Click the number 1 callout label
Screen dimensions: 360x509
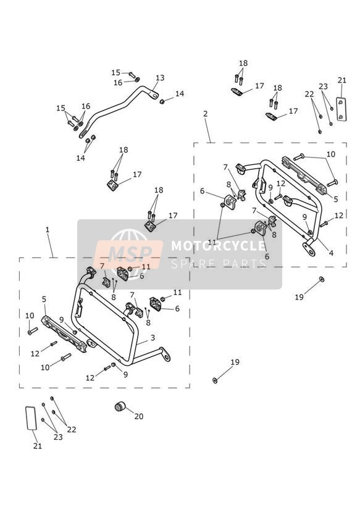click(x=48, y=230)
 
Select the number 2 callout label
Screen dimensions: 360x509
click(x=205, y=114)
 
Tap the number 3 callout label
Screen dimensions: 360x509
click(x=153, y=338)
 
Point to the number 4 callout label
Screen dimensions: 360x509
click(x=331, y=253)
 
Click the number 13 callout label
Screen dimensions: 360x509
click(x=160, y=78)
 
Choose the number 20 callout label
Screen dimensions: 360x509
click(x=139, y=416)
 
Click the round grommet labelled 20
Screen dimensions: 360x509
click(x=120, y=406)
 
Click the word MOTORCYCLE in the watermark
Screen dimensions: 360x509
click(x=218, y=245)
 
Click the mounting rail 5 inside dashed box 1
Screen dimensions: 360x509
click(x=64, y=334)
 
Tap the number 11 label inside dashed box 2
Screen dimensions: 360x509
click(x=212, y=242)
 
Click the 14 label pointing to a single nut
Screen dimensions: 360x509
click(x=180, y=94)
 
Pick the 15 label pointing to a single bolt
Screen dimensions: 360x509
click(x=116, y=73)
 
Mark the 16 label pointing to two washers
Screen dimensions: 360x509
click(x=86, y=106)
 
